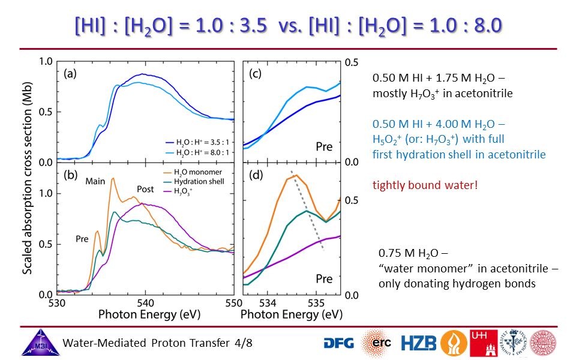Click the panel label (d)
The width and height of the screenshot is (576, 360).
257,178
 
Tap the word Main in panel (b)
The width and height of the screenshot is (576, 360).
95,181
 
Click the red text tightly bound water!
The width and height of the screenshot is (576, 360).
425,185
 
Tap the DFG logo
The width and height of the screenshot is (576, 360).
339,343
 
